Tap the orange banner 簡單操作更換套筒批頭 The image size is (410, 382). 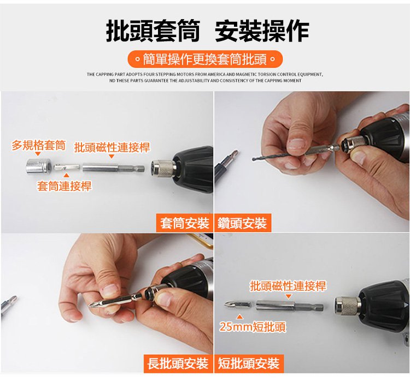point(205,59)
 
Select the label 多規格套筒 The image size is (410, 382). point(38,145)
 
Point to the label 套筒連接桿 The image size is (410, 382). point(65,186)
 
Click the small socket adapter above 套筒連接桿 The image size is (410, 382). point(67,168)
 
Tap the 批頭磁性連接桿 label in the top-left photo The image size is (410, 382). point(112,147)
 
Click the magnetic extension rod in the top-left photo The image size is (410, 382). point(114,168)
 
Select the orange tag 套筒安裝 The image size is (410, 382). point(185,223)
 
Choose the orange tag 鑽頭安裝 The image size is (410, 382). point(243,223)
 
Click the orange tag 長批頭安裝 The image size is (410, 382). point(178,363)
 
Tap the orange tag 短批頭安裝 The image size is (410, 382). point(249,363)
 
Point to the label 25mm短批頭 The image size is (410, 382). point(253,327)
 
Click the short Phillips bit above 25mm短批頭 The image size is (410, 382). point(238,305)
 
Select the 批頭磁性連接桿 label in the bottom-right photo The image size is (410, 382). point(288,285)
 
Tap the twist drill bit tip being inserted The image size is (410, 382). point(253,159)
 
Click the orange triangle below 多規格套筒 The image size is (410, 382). point(38,154)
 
